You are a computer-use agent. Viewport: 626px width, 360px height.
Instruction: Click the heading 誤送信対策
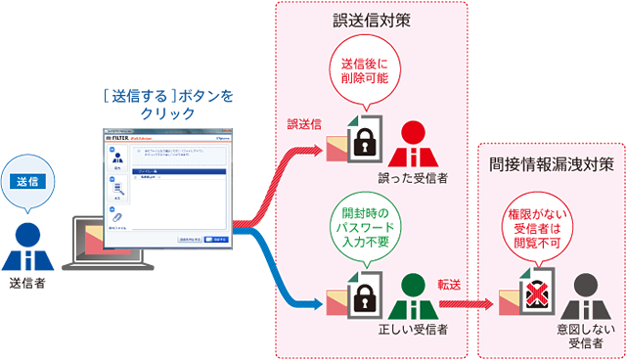372,19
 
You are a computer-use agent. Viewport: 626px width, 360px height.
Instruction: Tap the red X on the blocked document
534,296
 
